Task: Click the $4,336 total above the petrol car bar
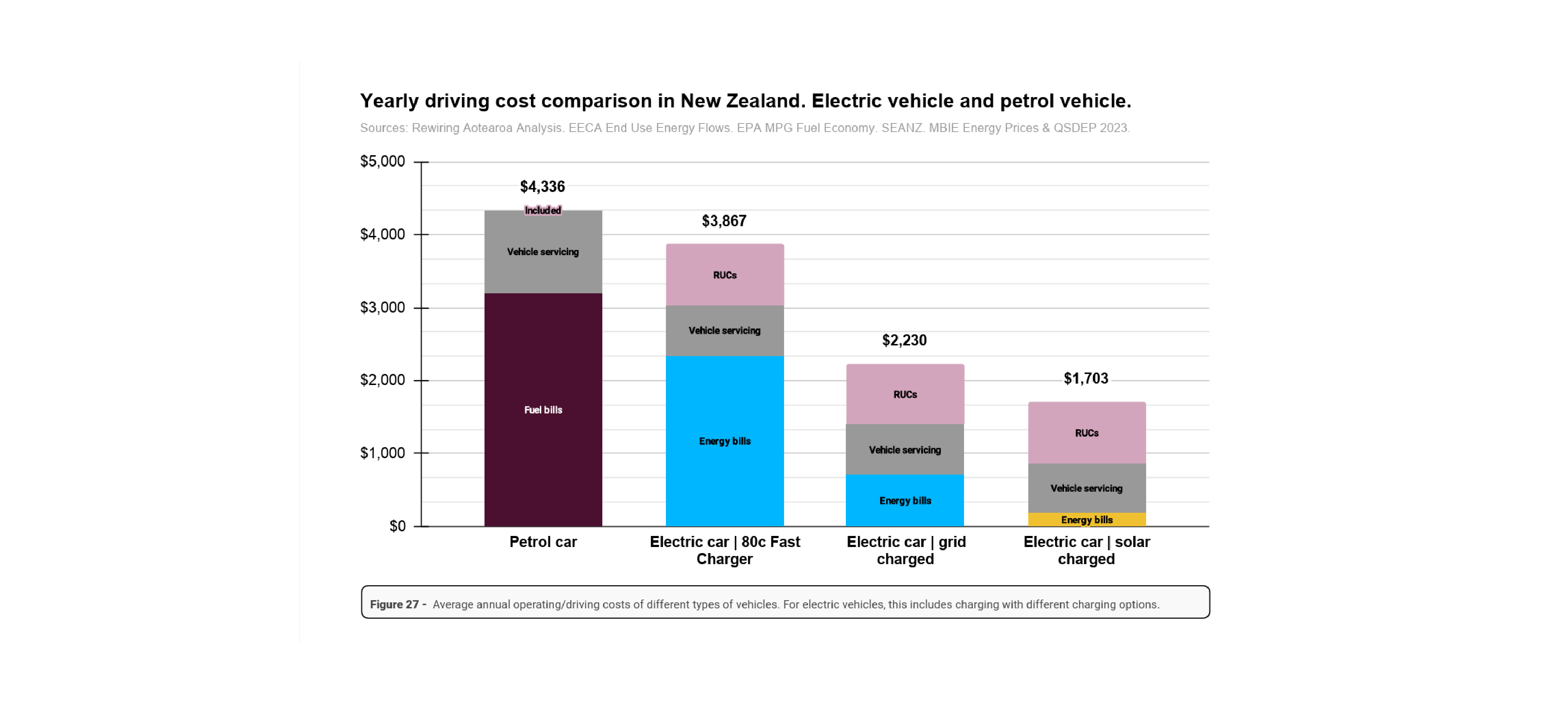[x=542, y=187]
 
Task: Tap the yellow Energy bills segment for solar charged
[x=1086, y=520]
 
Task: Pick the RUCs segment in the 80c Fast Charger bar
[x=725, y=275]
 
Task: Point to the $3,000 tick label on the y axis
[x=382, y=308]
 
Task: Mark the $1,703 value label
[x=1086, y=379]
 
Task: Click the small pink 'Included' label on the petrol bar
[x=543, y=210]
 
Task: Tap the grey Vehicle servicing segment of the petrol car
[x=543, y=252]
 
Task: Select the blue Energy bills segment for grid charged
[x=905, y=500]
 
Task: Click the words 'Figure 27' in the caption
[x=394, y=604]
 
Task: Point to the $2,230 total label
[x=905, y=340]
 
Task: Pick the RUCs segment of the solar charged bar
[x=1086, y=433]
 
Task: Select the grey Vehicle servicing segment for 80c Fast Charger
[x=725, y=330]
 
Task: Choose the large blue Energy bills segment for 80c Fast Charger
[x=725, y=441]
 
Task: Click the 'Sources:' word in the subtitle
[x=383, y=128]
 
